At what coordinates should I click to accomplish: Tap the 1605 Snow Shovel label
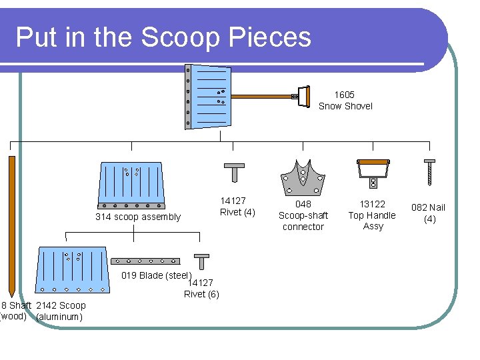[x=345, y=101]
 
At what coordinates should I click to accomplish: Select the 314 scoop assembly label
[x=137, y=217]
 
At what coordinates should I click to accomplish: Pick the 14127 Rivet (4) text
[x=237, y=207]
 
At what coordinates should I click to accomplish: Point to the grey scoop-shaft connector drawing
[x=303, y=175]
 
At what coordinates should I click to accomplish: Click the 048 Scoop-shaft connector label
[x=303, y=215]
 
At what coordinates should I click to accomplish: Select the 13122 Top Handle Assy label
[x=373, y=215]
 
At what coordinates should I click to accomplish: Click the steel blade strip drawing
[x=145, y=261]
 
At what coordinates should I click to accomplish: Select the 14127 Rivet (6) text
[x=201, y=289]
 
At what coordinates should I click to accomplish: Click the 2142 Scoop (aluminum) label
[x=61, y=311]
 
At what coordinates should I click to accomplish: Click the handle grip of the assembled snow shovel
[x=303, y=96]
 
